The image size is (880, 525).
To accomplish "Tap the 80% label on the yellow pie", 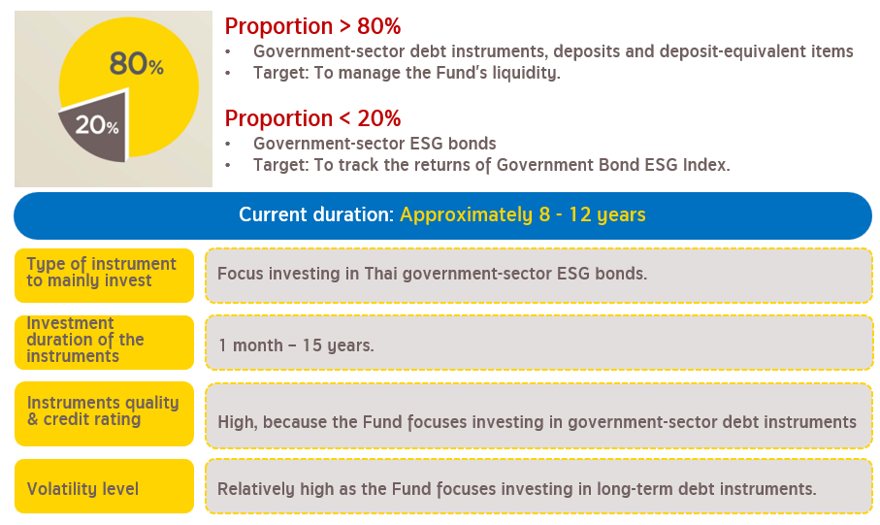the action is pyautogui.click(x=137, y=63).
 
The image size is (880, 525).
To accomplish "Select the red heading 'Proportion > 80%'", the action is pyautogui.click(x=312, y=26).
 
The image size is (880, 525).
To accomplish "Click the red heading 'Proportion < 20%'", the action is pyautogui.click(x=312, y=118).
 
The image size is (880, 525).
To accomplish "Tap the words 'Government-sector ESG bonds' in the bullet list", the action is pyautogui.click(x=375, y=144).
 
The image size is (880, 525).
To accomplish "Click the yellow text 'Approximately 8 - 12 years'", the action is pyautogui.click(x=523, y=215).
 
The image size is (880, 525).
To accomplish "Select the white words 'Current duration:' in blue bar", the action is pyautogui.click(x=316, y=215).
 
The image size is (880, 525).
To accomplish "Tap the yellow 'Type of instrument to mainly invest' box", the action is pyautogui.click(x=105, y=276).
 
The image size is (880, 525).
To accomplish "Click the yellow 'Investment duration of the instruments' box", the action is pyautogui.click(x=105, y=343).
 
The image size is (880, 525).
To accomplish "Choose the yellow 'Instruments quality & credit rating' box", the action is pyautogui.click(x=105, y=413).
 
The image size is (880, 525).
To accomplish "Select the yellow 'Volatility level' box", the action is pyautogui.click(x=105, y=486).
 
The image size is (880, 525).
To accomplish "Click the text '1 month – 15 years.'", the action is pyautogui.click(x=296, y=345).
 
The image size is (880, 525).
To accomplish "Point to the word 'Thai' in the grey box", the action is pyautogui.click(x=381, y=274).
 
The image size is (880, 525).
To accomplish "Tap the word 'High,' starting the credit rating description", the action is pyautogui.click(x=238, y=422).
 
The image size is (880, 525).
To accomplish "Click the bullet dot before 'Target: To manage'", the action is pyautogui.click(x=228, y=74).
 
